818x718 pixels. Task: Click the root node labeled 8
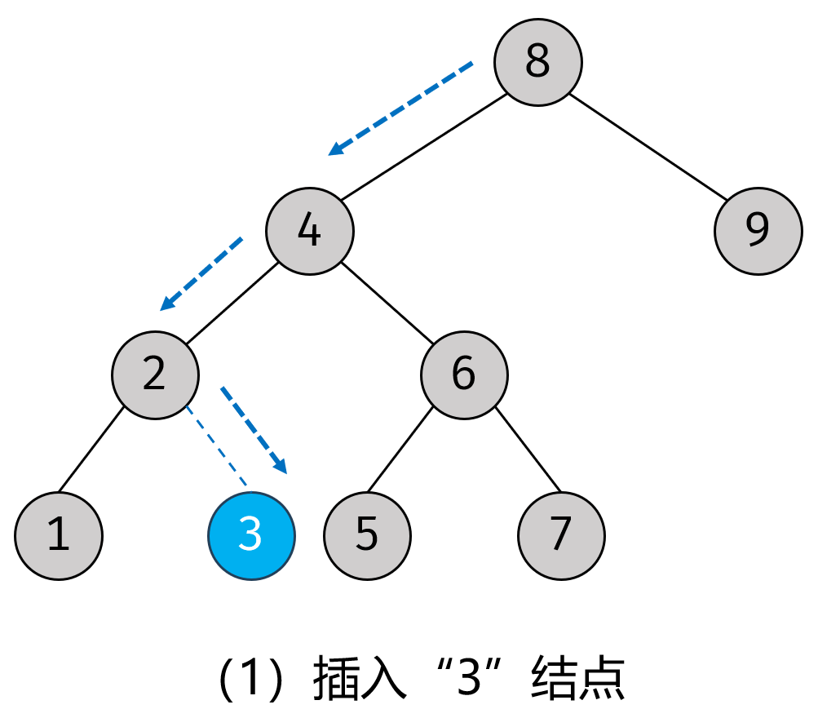(x=538, y=62)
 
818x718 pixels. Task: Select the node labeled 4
(x=310, y=232)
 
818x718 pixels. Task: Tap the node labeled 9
(x=758, y=231)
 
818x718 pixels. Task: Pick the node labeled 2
(x=155, y=375)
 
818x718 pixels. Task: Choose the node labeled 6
(x=464, y=375)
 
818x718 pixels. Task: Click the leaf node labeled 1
(x=59, y=536)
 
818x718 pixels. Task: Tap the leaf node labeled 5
(x=367, y=536)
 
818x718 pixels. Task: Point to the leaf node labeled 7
(x=561, y=536)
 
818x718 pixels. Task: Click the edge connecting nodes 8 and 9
(x=648, y=147)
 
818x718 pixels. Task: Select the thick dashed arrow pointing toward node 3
(x=254, y=431)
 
